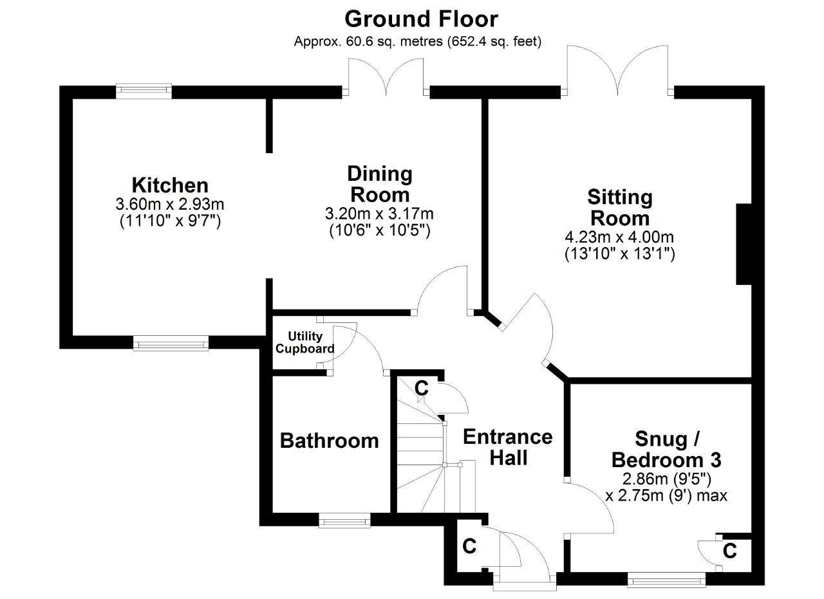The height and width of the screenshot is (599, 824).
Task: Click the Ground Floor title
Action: click(x=421, y=19)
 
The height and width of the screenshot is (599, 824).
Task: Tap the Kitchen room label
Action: click(x=170, y=185)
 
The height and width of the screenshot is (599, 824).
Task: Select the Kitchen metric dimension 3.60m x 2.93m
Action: click(x=170, y=204)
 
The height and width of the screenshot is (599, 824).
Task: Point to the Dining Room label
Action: click(x=380, y=184)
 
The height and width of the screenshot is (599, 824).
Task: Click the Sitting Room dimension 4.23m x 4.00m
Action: click(x=619, y=237)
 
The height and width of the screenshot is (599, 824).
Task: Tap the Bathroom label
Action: click(x=329, y=441)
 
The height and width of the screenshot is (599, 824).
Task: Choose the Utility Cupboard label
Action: click(x=305, y=342)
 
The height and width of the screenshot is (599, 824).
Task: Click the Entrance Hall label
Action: click(x=508, y=448)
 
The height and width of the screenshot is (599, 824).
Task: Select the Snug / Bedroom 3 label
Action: click(x=666, y=449)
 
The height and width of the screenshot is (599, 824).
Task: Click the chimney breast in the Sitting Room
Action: click(x=744, y=244)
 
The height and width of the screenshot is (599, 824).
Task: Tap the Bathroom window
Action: click(x=344, y=521)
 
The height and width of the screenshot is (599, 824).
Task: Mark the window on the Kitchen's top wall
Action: click(x=144, y=91)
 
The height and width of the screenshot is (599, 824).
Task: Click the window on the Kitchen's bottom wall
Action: click(x=171, y=343)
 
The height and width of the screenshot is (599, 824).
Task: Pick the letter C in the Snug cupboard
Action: click(x=730, y=551)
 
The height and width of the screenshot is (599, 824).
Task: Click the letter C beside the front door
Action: click(x=469, y=546)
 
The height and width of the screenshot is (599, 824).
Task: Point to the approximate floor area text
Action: click(x=418, y=42)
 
